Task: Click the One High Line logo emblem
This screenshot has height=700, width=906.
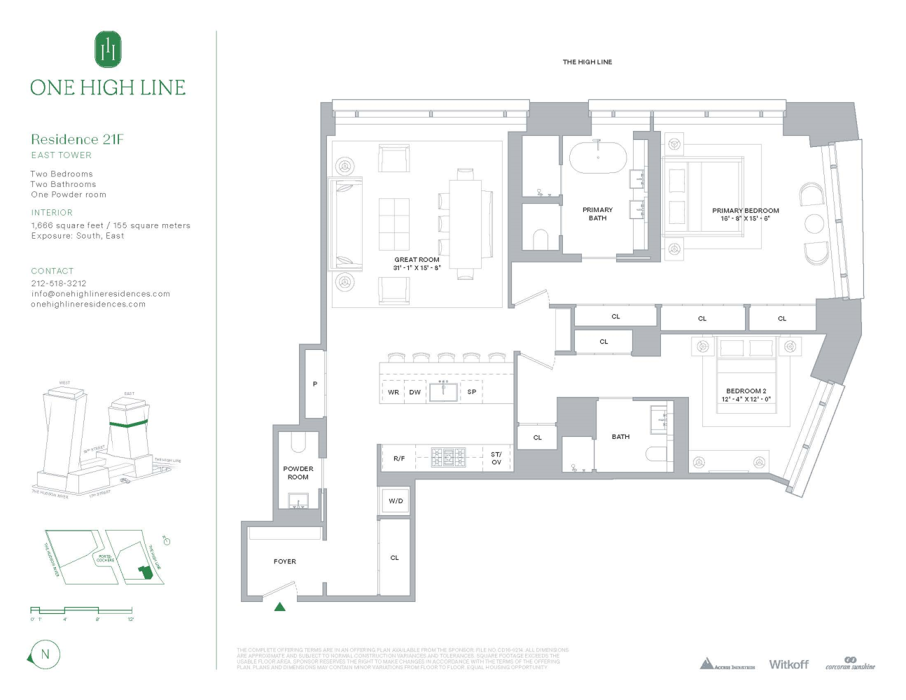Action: tap(108, 49)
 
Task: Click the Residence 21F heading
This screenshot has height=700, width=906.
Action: tap(77, 139)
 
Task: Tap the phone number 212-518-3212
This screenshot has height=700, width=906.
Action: tap(59, 283)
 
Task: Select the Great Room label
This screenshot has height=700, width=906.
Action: tap(417, 260)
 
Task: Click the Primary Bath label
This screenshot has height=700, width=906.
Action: tap(597, 213)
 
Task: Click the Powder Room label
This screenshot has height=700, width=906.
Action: tap(298, 473)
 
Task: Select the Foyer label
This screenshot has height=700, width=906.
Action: tap(285, 561)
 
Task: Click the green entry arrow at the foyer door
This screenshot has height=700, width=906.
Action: tap(280, 607)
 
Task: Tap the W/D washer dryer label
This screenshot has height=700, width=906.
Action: tap(396, 501)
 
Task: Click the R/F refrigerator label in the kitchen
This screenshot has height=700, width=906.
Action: tap(399, 458)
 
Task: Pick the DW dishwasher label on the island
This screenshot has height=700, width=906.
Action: tap(415, 392)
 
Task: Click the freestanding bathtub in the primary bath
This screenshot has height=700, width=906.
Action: tap(597, 159)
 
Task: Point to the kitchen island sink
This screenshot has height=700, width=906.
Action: tap(443, 391)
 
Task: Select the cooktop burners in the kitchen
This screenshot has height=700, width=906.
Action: tap(448, 458)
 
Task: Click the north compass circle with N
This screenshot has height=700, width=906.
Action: tap(45, 655)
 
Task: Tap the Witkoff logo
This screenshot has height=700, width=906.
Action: tap(788, 664)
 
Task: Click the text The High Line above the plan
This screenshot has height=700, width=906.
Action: tap(587, 62)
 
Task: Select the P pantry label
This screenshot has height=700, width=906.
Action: tap(315, 384)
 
